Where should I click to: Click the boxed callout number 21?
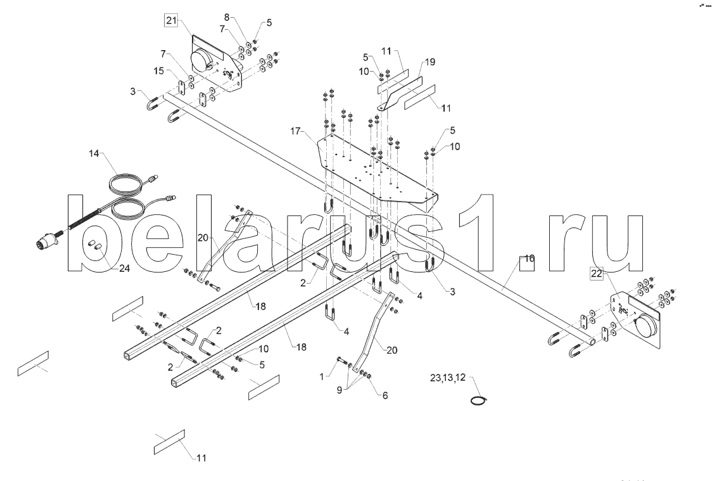point(172,20)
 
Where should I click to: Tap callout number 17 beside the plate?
point(296,131)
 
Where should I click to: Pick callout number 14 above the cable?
point(94,153)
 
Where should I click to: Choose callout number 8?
point(227,16)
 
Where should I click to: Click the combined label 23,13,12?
point(447,378)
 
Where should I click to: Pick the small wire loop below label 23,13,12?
point(480,399)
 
